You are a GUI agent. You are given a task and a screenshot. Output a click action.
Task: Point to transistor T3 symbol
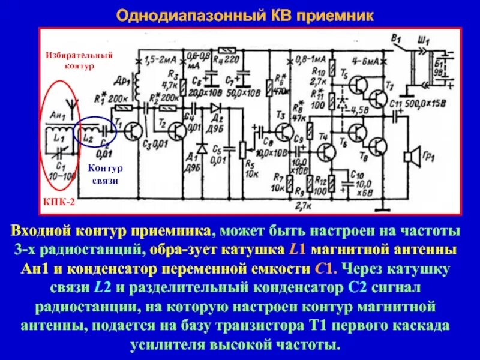[281, 131]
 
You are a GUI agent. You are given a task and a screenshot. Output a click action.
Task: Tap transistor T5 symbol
[358, 84]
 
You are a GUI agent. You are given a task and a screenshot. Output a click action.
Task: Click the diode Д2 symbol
[214, 107]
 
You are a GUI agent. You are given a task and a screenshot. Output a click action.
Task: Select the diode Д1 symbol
[202, 148]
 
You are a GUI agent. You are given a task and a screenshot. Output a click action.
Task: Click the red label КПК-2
[59, 203]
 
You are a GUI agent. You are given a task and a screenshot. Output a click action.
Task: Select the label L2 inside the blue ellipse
[88, 138]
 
